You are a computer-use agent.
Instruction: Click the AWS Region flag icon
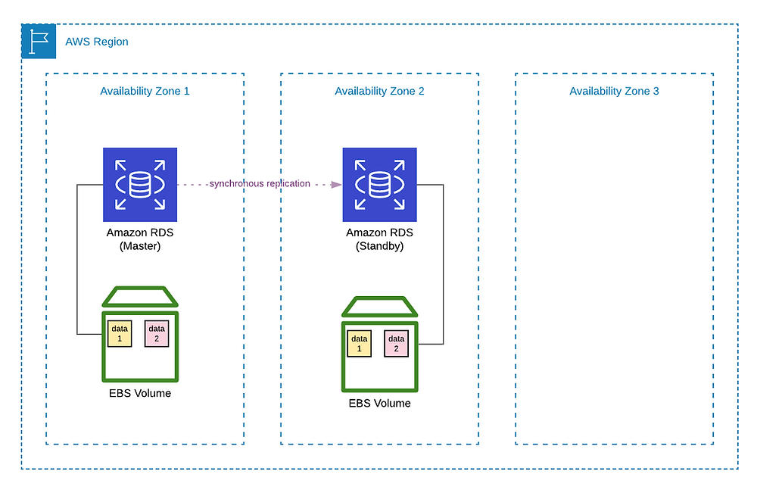[39, 41]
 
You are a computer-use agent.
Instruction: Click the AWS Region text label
[97, 42]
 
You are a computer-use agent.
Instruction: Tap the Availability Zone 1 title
[145, 91]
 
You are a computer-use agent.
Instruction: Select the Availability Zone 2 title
[379, 91]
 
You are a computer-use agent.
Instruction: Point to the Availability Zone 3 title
[614, 91]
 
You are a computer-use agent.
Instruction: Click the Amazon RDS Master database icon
[140, 185]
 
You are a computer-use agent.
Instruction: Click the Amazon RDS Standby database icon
[379, 185]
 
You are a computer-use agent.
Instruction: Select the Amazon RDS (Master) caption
[140, 239]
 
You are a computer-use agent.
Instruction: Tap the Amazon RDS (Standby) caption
[379, 239]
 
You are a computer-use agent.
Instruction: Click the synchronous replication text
[260, 183]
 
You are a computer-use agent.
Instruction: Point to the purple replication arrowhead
[337, 185]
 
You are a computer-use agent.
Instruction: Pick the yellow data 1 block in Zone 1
[120, 333]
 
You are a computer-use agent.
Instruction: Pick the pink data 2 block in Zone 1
[157, 333]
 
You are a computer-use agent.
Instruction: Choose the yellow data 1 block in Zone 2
[359, 344]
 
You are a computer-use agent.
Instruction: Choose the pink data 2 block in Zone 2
[397, 344]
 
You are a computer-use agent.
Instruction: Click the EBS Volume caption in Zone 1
[140, 393]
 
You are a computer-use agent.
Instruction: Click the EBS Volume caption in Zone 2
[379, 404]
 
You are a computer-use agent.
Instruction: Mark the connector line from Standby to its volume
[443, 264]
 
